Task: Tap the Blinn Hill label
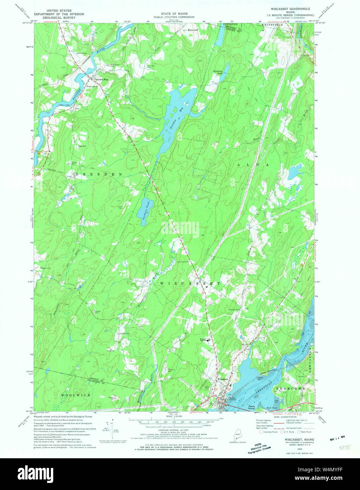193,30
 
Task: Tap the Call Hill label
82,146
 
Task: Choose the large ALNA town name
253,165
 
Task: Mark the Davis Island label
251,407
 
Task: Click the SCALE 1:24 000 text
174,416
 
